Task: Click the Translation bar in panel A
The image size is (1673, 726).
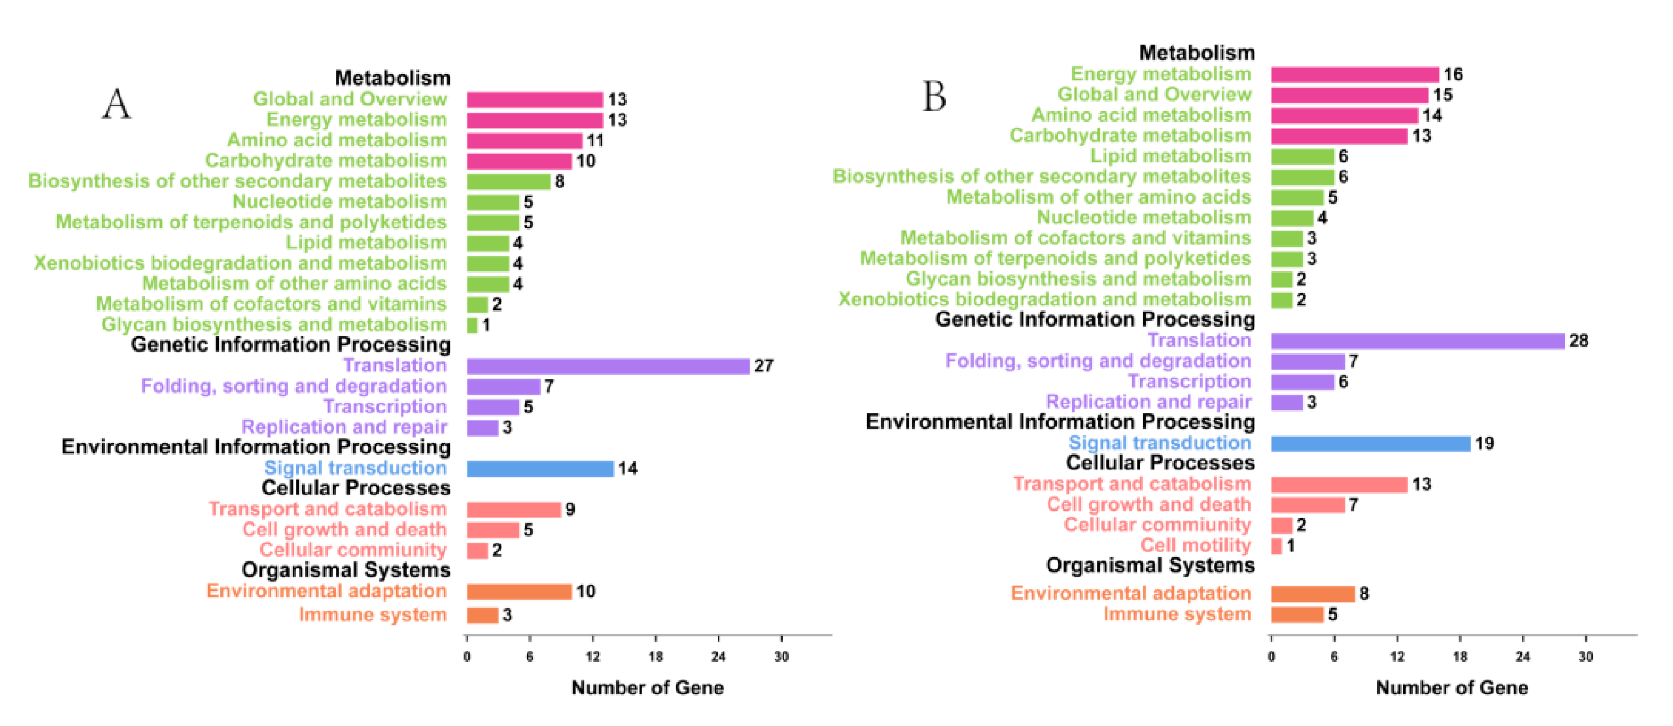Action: tap(608, 366)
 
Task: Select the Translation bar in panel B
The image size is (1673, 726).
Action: tap(1417, 341)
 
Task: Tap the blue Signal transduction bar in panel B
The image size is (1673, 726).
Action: tap(1370, 444)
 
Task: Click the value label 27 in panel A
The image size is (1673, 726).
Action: tap(763, 366)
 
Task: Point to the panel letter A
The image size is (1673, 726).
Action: tap(116, 104)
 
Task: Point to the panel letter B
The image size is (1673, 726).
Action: tap(934, 97)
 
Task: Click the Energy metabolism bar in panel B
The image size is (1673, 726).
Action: tap(1355, 75)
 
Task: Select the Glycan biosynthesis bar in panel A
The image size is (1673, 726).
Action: tap(472, 325)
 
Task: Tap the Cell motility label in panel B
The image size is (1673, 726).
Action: tap(1196, 545)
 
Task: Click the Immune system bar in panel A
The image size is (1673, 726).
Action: tap(483, 615)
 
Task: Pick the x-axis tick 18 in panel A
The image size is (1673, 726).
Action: tap(655, 657)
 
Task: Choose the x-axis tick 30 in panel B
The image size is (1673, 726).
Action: tap(1585, 657)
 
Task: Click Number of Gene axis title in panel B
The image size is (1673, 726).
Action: tap(1452, 688)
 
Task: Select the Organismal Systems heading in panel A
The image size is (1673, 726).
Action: tap(346, 570)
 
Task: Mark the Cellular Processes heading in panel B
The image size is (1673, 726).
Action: tap(1160, 463)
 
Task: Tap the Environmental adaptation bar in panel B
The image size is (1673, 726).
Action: tap(1313, 594)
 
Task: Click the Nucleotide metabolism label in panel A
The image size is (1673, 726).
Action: tap(339, 202)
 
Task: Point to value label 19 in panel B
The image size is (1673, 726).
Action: tap(1484, 444)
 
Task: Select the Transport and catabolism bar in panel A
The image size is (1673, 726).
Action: tap(514, 509)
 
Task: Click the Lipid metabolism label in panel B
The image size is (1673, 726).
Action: tap(1170, 156)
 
